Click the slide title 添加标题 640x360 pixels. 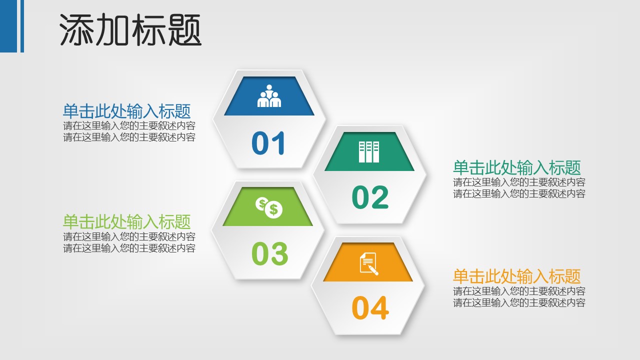point(130,30)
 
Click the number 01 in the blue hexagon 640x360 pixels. point(268,143)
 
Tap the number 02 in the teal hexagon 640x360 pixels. point(370,197)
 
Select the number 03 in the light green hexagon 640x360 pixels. point(269,253)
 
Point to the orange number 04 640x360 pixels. point(370,307)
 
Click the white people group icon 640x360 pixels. point(269,96)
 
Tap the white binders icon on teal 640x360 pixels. point(369,151)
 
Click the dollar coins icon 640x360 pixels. point(269,207)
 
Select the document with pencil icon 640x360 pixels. point(369,263)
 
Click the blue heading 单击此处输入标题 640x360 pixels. point(126,111)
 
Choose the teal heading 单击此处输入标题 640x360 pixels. point(517,167)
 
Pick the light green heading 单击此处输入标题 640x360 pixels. point(126,221)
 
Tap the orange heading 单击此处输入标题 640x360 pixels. point(517,276)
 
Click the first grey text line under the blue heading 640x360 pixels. point(129,125)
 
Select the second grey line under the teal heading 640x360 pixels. point(519,193)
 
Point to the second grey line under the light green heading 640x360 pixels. point(129,248)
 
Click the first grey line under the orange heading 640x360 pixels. point(519,291)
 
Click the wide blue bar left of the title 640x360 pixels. point(8,26)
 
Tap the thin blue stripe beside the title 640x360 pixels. point(22,26)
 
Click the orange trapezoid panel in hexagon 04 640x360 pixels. point(368,262)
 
